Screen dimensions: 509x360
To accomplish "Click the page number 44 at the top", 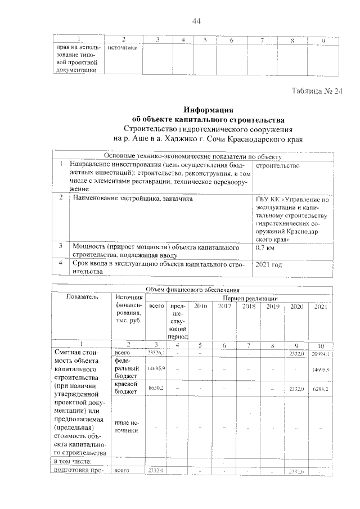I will pyautogui.click(x=196, y=21).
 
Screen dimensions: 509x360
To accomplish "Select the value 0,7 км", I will pyautogui.click(x=268, y=247).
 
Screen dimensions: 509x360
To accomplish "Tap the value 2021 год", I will pyautogui.click(x=270, y=263).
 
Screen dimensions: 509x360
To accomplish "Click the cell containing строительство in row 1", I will pyautogui.click(x=277, y=165).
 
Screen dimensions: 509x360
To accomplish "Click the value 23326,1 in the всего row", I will pyautogui.click(x=155, y=353).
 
